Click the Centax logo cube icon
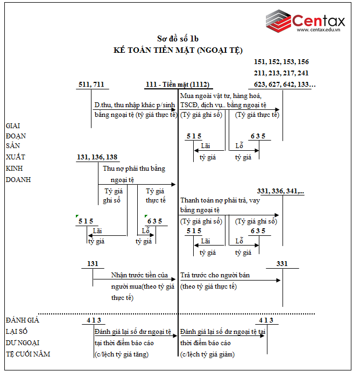coord(279,20)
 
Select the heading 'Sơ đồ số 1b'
coord(178,39)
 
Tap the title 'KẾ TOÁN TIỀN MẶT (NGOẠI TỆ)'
coord(178,50)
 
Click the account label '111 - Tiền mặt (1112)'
coord(178,84)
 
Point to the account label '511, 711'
coord(91,84)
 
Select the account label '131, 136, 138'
coord(97,157)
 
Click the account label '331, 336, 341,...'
coord(280,191)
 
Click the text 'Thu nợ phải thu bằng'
coord(134,169)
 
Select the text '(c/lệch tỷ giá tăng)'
coord(121,354)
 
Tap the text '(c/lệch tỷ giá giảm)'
coord(207,354)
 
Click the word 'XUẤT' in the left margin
coord(15,157)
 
